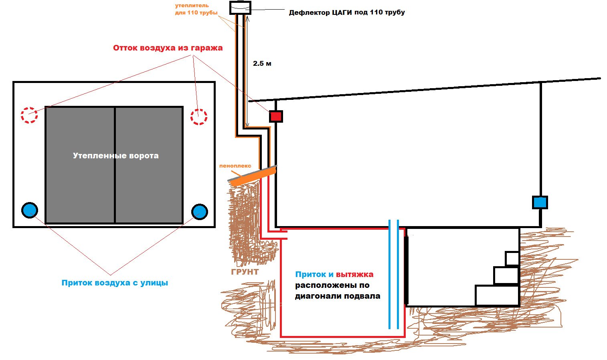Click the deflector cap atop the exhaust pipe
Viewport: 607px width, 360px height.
[240, 8]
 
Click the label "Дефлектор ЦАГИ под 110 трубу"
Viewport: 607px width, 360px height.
[347, 12]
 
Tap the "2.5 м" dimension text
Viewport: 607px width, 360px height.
[262, 63]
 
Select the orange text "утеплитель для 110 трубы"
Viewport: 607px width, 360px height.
[196, 9]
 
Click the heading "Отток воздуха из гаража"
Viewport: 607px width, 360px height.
[168, 48]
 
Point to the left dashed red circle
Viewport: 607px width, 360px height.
[29, 115]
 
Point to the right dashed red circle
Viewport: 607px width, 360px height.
[199, 117]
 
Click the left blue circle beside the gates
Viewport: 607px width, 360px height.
[30, 210]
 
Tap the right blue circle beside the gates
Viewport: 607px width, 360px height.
[200, 212]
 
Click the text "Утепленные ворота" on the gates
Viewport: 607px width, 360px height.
[115, 156]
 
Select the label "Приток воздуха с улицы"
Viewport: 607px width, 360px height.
[115, 283]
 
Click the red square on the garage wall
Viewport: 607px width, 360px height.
[276, 116]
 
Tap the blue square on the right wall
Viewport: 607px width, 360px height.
[540, 202]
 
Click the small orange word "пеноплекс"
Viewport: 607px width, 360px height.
[235, 166]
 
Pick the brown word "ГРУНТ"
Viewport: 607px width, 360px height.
[245, 272]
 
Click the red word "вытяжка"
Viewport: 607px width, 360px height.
[354, 275]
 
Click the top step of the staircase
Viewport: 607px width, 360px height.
[512, 259]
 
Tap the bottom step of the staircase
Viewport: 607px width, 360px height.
[497, 295]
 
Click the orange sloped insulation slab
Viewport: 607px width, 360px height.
[253, 177]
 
